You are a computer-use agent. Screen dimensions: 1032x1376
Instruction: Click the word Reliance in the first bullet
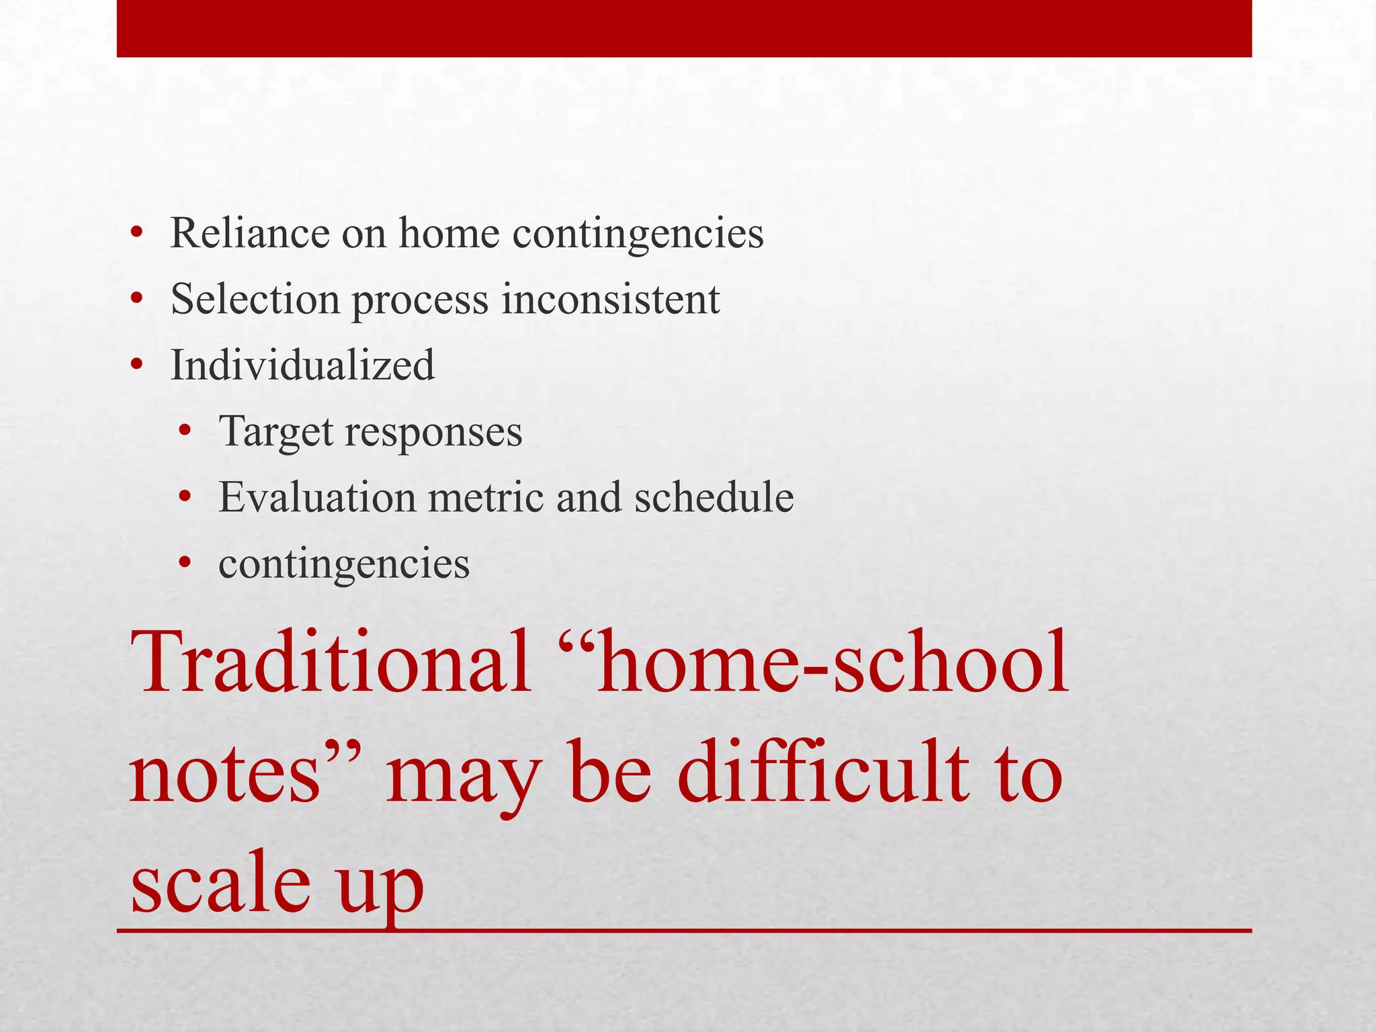click(250, 233)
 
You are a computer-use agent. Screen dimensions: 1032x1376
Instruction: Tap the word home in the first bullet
click(449, 233)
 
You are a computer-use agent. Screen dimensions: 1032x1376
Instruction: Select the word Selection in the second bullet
click(255, 299)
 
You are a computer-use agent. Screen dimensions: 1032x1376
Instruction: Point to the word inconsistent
click(611, 299)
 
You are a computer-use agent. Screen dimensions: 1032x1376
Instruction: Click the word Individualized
click(302, 365)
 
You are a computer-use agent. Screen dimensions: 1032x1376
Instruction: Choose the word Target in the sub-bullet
click(275, 432)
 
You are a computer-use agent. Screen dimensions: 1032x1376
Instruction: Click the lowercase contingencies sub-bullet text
click(344, 564)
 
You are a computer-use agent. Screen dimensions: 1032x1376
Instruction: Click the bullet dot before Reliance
click(137, 234)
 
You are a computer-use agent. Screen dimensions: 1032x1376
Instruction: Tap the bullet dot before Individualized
click(137, 366)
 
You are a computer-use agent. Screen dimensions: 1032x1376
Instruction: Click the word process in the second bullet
click(421, 300)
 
